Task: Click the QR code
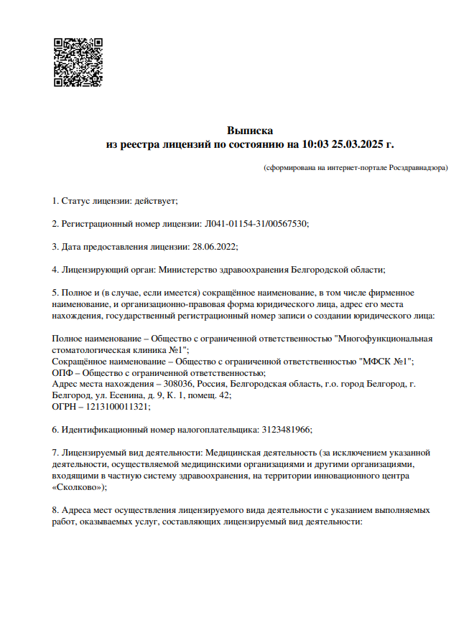coord(78,63)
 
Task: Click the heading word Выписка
coord(250,131)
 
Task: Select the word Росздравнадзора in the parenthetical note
coord(418,167)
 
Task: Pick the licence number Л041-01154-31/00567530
coord(256,223)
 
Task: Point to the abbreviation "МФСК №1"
coord(389,361)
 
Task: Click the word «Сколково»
coord(78,486)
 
